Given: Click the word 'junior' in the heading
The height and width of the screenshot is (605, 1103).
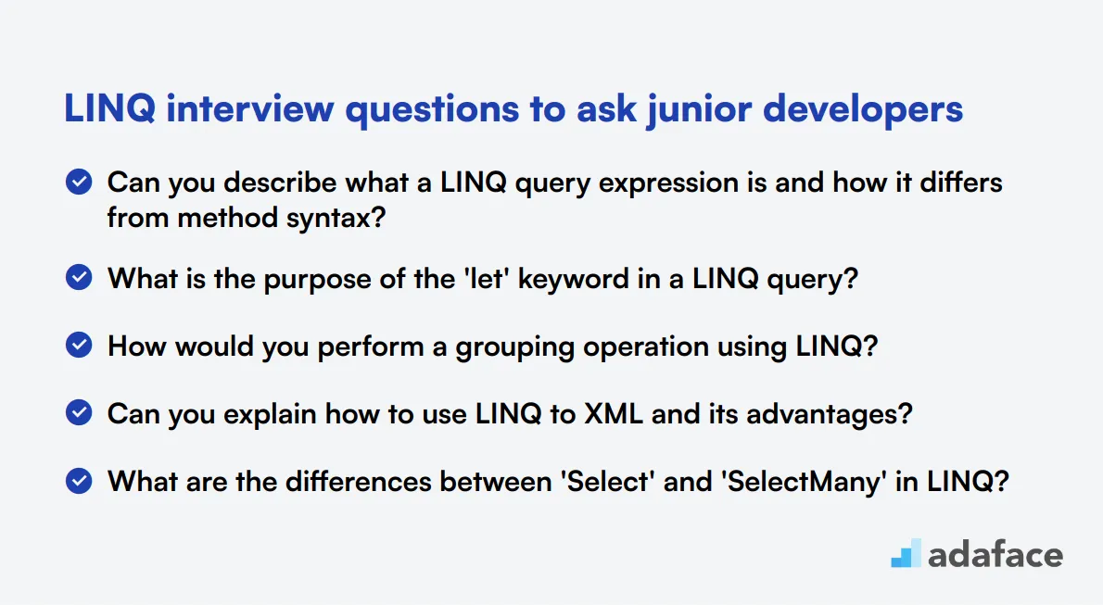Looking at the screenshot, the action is tap(700, 109).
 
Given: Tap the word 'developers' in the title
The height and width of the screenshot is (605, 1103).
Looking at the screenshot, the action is tap(863, 109).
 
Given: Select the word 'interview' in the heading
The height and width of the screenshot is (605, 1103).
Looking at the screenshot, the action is tap(249, 109).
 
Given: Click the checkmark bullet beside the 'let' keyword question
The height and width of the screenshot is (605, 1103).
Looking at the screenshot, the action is tap(79, 277).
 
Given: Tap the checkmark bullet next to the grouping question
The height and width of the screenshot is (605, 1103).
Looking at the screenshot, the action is tap(79, 345).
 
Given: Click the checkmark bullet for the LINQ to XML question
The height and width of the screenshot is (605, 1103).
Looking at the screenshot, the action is tap(79, 412).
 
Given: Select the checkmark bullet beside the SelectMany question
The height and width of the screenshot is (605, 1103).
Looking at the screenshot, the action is tap(79, 481).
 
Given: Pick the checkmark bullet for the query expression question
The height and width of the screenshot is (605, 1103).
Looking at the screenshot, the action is tap(79, 182).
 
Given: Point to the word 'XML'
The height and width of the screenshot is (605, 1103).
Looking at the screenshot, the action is tap(614, 413).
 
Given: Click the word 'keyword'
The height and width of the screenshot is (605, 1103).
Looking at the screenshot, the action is tap(574, 279).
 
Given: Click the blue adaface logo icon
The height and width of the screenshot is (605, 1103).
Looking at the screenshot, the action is tap(906, 553).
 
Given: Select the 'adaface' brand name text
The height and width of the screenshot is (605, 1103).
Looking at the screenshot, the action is tap(995, 555).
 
